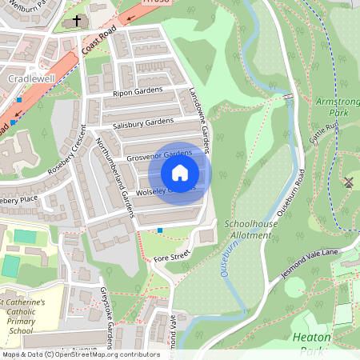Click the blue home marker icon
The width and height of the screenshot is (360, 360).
pos(180,172)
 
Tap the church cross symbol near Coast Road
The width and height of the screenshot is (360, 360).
pos(77,20)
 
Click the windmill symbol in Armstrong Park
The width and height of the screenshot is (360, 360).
pos(348,182)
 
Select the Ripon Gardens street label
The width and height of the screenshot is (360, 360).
pos(137,93)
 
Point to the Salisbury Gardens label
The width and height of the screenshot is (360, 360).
pos(143,122)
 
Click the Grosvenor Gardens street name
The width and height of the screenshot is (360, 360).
pos(158,153)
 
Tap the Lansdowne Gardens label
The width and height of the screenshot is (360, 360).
pos(199,121)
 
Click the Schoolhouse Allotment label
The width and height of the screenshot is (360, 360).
pos(250,229)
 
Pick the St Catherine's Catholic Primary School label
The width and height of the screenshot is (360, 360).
pos(27,316)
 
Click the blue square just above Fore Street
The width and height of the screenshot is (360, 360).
pos(160,231)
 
